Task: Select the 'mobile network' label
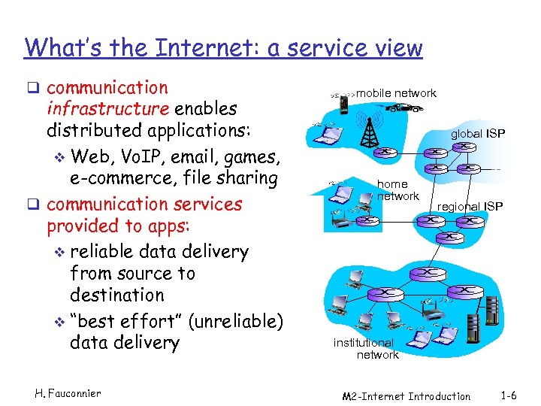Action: (396, 93)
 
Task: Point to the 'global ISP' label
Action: (478, 134)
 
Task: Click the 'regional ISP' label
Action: (470, 206)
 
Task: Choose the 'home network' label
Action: (397, 189)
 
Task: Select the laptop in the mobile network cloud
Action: (328, 136)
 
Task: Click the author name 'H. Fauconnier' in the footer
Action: (68, 394)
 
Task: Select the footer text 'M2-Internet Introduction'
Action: (406, 395)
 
